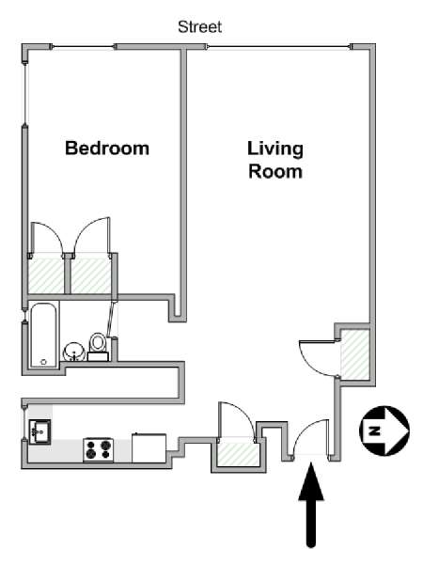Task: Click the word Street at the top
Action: click(199, 27)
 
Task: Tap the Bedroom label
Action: click(106, 148)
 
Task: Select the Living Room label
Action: click(274, 160)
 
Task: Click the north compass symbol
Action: click(384, 430)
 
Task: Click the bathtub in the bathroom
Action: click(42, 335)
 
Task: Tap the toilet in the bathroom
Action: click(98, 346)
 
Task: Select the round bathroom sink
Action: click(73, 352)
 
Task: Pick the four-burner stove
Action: click(98, 448)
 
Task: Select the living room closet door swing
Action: click(317, 357)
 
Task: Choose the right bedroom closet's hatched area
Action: click(91, 275)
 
